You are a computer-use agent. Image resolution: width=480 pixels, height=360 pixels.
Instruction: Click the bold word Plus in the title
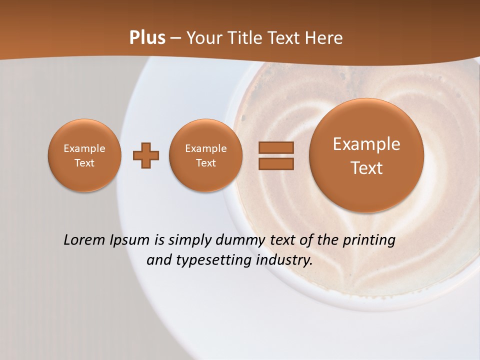click(x=147, y=38)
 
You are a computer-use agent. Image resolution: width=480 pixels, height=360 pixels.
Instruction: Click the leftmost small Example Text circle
click(x=84, y=155)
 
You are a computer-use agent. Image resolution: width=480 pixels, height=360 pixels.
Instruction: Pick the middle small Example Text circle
click(x=206, y=155)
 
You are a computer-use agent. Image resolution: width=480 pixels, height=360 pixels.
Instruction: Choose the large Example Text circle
click(x=366, y=155)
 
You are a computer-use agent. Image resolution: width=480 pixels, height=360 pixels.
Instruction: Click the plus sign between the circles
click(x=146, y=156)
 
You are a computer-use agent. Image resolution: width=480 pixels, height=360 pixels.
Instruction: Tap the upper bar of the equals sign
click(x=276, y=147)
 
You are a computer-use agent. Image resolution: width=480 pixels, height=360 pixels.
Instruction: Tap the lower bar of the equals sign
click(x=276, y=163)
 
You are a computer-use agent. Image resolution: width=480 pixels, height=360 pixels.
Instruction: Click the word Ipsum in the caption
click(x=129, y=240)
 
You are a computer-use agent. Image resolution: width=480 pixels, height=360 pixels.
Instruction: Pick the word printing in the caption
click(x=369, y=240)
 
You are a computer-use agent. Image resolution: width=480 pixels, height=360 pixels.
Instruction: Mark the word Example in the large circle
click(x=366, y=144)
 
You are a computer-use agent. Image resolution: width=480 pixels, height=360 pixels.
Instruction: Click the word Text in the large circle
click(x=366, y=168)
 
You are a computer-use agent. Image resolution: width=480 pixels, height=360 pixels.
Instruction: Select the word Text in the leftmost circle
click(x=84, y=163)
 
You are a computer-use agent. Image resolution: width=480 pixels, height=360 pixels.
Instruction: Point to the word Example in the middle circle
click(x=206, y=148)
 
